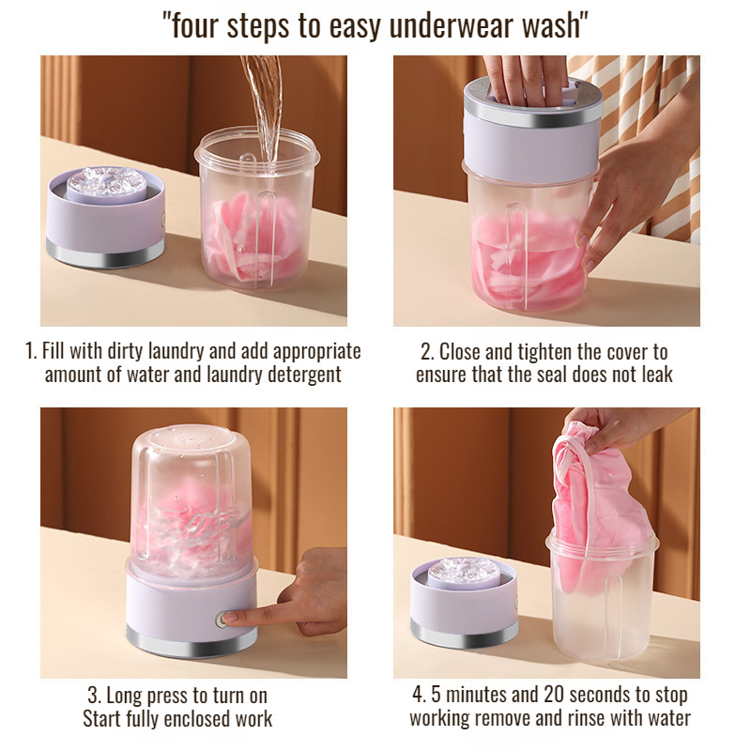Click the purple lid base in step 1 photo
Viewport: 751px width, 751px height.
106,217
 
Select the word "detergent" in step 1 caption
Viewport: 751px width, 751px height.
303,374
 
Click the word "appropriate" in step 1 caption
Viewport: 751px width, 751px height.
316,351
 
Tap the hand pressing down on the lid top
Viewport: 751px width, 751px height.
525,80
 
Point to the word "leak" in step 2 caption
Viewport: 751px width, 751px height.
656,374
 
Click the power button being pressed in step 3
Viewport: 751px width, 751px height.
222,620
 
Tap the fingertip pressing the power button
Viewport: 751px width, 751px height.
228,619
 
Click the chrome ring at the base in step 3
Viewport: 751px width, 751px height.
192,642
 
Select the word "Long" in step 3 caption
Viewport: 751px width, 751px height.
125,696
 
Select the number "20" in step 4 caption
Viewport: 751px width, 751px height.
554,695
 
